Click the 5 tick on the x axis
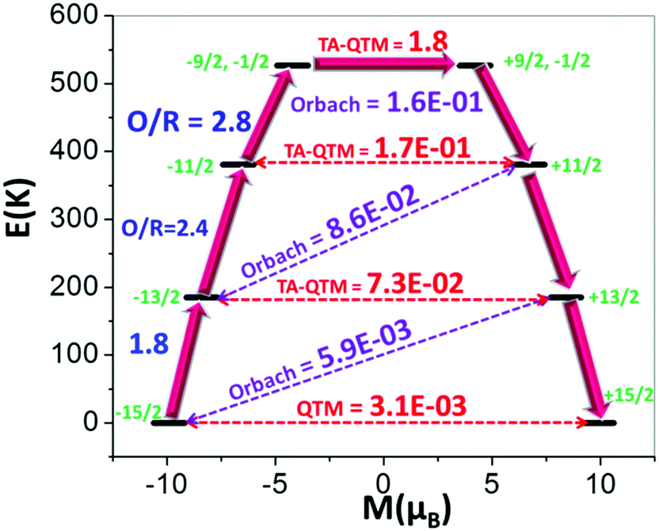coord(492,482)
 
